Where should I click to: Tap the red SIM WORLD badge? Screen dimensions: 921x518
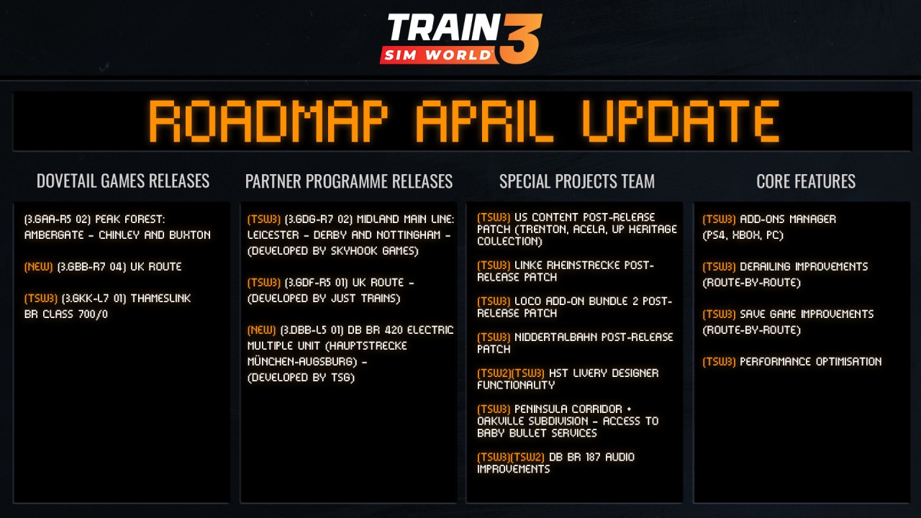pyautogui.click(x=438, y=55)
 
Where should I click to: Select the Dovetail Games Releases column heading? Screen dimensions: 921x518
pyautogui.click(x=123, y=181)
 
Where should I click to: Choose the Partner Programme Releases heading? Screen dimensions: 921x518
pyautogui.click(x=349, y=181)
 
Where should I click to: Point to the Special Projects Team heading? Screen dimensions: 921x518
pyautogui.click(x=577, y=181)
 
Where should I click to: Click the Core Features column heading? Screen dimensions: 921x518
pyautogui.click(x=806, y=181)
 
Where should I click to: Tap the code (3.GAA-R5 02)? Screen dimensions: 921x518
pyautogui.click(x=57, y=219)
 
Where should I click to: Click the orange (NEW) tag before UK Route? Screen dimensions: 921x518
pyautogui.click(x=39, y=266)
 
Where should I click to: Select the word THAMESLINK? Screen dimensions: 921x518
pyautogui.click(x=160, y=298)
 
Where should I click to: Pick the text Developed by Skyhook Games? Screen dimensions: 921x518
pyautogui.click(x=332, y=251)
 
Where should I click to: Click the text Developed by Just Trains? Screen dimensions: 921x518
pyautogui.click(x=324, y=298)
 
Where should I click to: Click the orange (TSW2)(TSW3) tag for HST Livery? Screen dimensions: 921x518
pyautogui.click(x=511, y=373)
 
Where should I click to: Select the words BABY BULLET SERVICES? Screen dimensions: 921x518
pyautogui.click(x=537, y=433)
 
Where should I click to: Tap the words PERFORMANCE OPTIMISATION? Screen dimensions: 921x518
pyautogui.click(x=811, y=361)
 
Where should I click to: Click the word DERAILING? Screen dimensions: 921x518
pyautogui.click(x=765, y=266)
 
